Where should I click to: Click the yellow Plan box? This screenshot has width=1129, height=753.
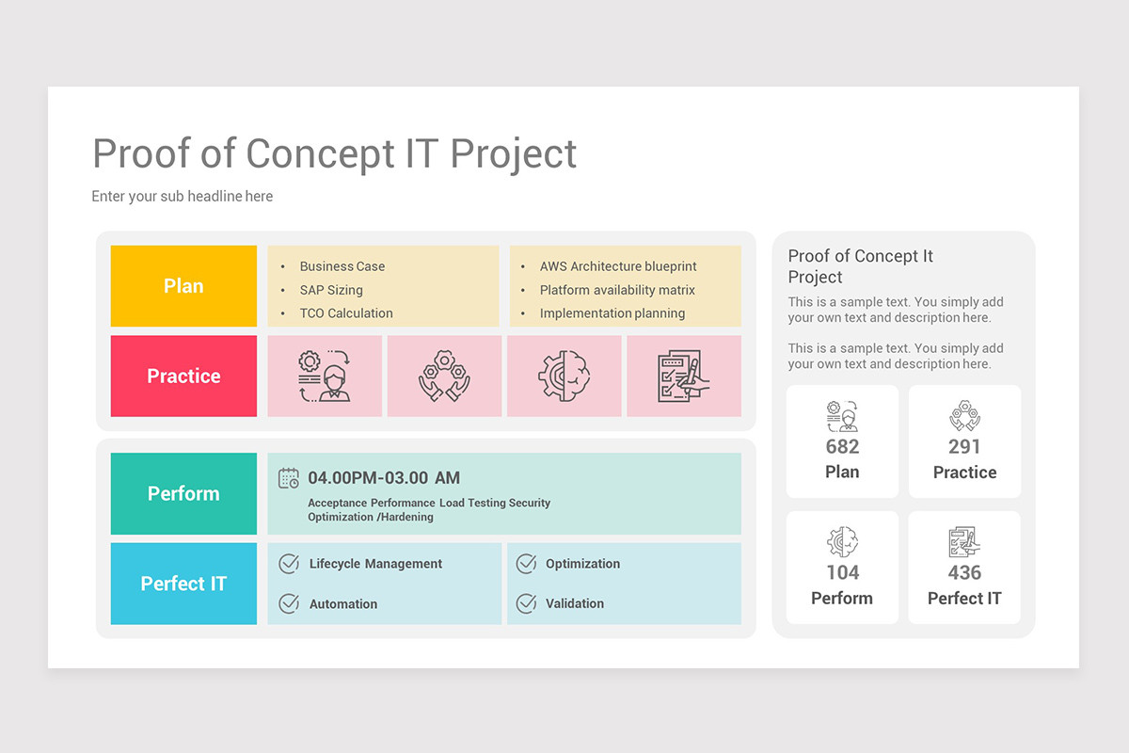[x=183, y=286]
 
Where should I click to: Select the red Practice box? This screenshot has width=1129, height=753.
[x=183, y=376]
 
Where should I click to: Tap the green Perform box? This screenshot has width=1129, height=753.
[x=183, y=493]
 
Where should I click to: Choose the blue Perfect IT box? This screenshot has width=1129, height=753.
[x=183, y=584]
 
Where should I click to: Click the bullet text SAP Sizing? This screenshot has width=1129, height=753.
[x=331, y=290]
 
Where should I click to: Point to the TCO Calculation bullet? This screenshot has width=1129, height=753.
[x=346, y=313]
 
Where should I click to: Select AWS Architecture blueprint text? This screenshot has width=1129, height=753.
[x=618, y=266]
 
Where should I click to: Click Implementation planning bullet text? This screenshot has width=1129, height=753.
[x=612, y=313]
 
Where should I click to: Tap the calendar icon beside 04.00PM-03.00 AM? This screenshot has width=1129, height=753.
[x=288, y=478]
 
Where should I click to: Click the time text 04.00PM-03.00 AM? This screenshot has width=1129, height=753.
[x=384, y=477]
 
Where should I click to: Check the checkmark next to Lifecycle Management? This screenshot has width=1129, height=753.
[x=290, y=564]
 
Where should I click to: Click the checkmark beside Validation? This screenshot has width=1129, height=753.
[x=526, y=603]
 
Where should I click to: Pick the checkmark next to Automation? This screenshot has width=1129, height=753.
[x=290, y=603]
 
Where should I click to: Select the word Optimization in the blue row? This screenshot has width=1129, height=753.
[x=582, y=564]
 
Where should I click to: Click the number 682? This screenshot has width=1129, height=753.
[x=842, y=447]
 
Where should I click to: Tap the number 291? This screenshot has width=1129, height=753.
[x=964, y=447]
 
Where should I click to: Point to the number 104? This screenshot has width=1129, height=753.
[x=843, y=572]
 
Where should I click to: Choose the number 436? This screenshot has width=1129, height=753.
[x=964, y=572]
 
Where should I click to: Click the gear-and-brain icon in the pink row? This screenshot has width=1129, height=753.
[x=564, y=376]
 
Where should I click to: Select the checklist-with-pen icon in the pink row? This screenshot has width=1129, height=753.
[x=683, y=376]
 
